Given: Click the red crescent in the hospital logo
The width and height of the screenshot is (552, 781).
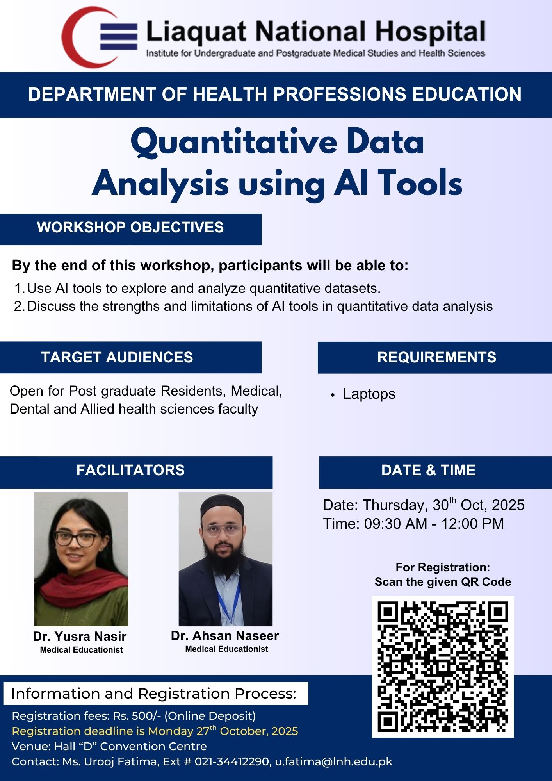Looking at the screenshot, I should [x=74, y=37].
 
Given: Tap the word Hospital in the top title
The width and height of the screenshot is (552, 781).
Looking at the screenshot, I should [x=430, y=32].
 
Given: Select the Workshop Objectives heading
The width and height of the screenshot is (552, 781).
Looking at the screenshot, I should [x=130, y=227].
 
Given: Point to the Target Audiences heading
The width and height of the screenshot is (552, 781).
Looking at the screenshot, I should [x=117, y=357].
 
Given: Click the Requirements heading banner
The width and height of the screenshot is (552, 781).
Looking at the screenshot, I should [x=436, y=357].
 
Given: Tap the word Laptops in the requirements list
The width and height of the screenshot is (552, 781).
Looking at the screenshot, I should [x=369, y=394].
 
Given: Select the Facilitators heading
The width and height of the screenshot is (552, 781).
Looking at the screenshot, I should [x=130, y=470].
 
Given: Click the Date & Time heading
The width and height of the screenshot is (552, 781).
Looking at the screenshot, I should [x=428, y=470].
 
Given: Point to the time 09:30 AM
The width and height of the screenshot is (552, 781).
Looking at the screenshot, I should [x=395, y=524].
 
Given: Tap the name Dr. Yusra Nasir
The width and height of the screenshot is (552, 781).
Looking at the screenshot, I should [x=80, y=637].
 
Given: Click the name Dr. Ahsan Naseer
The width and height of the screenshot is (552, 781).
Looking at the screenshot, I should [x=225, y=636].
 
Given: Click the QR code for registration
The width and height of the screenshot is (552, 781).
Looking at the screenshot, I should [x=443, y=667].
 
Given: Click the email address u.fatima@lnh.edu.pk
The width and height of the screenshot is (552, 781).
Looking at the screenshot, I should [x=334, y=761].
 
